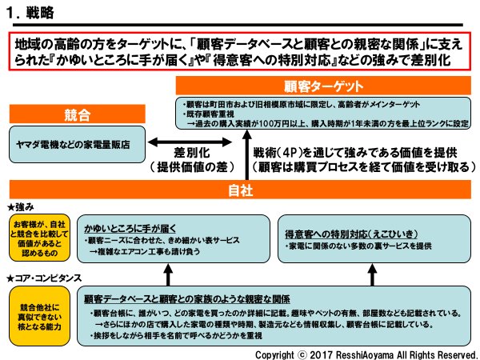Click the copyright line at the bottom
[366, 353]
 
